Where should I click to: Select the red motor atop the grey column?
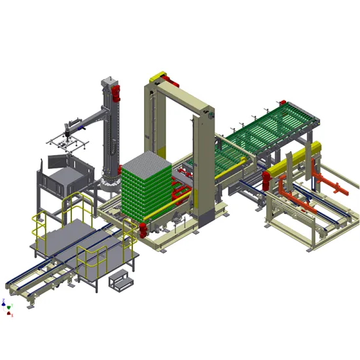(x=116, y=91)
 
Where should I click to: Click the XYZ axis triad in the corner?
(x=7, y=308)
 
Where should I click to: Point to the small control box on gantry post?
(x=211, y=116)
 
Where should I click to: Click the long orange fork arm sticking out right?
(x=337, y=185)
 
